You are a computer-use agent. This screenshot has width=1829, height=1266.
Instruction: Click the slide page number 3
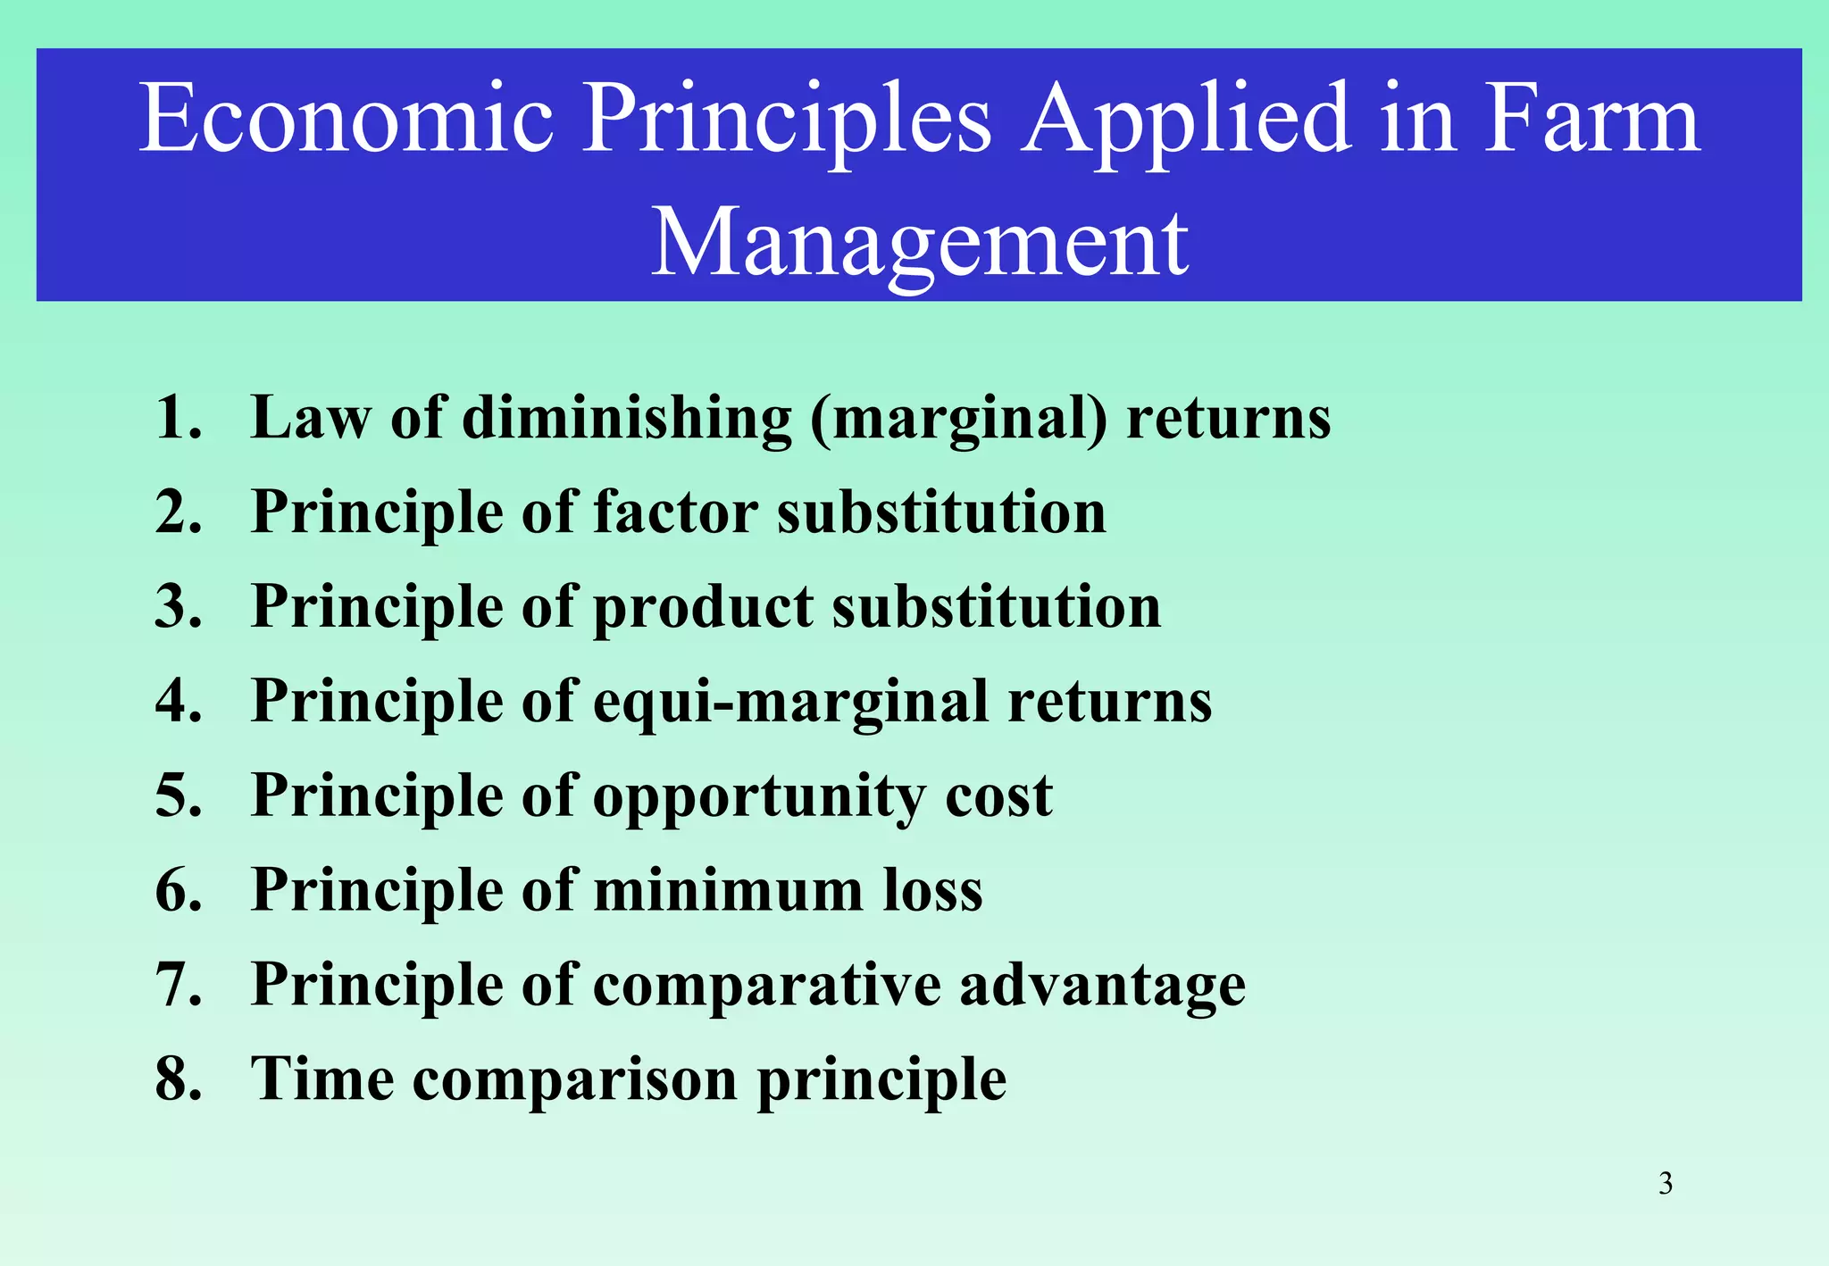(x=1665, y=1184)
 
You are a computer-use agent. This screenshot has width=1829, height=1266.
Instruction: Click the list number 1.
(x=176, y=417)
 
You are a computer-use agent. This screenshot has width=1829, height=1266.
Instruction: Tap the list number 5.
(x=178, y=795)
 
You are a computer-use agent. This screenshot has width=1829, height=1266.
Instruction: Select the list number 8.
(x=178, y=1079)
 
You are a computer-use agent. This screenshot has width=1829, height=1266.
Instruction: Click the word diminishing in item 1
(x=626, y=418)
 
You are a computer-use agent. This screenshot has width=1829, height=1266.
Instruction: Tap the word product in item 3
(x=703, y=607)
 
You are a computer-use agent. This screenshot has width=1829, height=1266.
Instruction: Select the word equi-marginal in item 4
(x=789, y=702)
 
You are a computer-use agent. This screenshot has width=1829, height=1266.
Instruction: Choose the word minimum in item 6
(x=728, y=891)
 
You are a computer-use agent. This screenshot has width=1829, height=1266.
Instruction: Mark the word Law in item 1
(x=310, y=418)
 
